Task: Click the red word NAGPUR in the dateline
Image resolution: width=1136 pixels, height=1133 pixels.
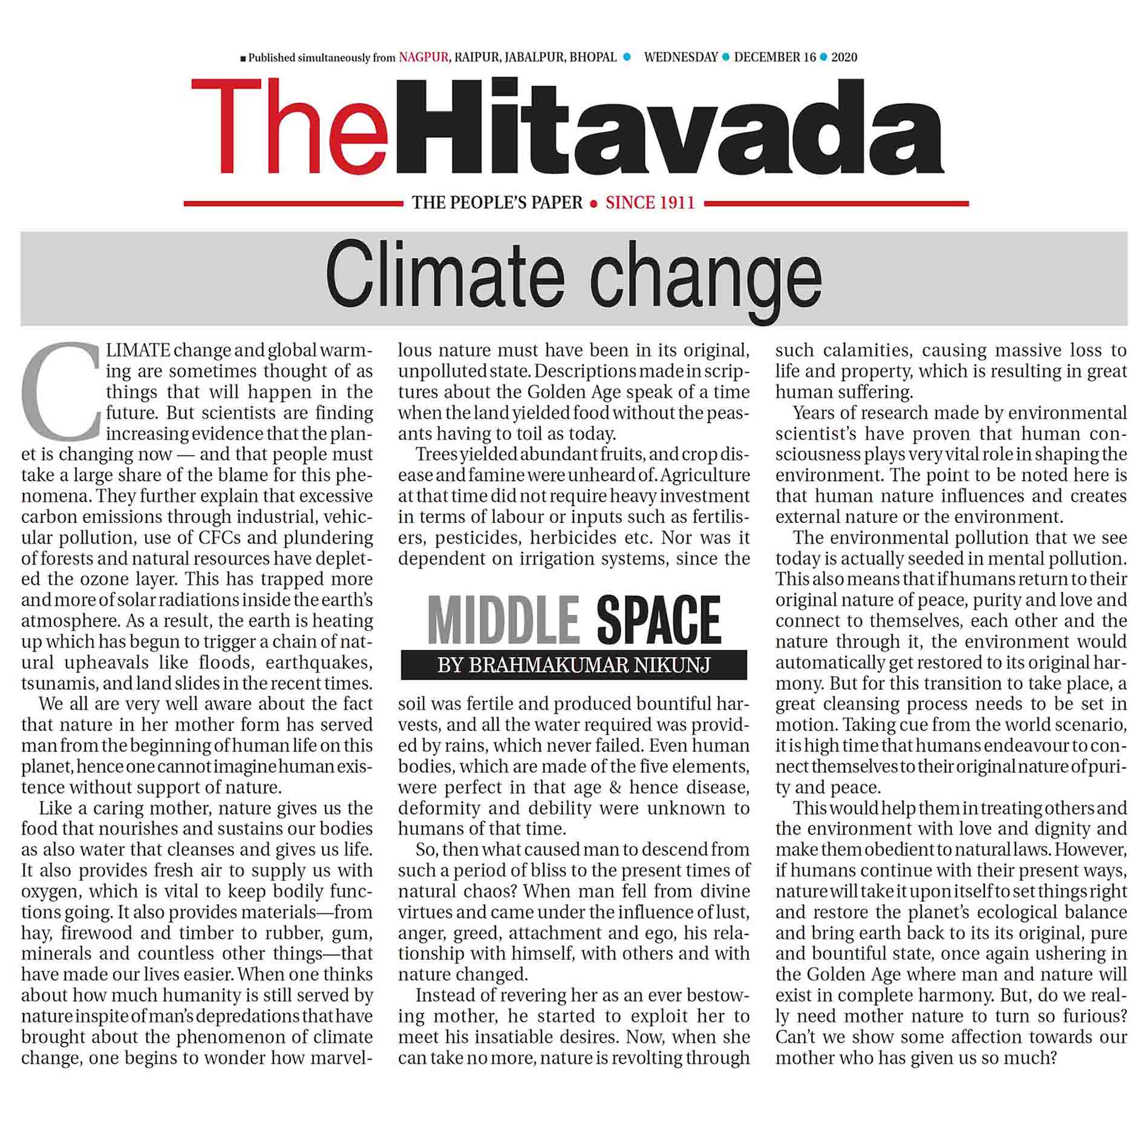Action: [423, 57]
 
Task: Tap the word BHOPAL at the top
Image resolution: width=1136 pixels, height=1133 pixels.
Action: [593, 57]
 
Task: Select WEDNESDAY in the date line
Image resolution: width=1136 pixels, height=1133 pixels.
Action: [681, 57]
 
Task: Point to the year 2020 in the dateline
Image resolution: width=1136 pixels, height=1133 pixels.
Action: [844, 57]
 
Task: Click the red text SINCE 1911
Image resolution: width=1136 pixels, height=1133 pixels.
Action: [650, 203]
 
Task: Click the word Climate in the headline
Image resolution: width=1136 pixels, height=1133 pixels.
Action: [445, 275]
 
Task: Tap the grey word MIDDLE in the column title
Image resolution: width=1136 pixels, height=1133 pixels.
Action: [503, 620]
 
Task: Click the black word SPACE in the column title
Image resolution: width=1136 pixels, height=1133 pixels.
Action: [659, 620]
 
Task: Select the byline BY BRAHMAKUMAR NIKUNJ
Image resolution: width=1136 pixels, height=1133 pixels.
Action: [573, 665]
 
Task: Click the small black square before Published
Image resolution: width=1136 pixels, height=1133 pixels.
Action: [243, 59]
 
